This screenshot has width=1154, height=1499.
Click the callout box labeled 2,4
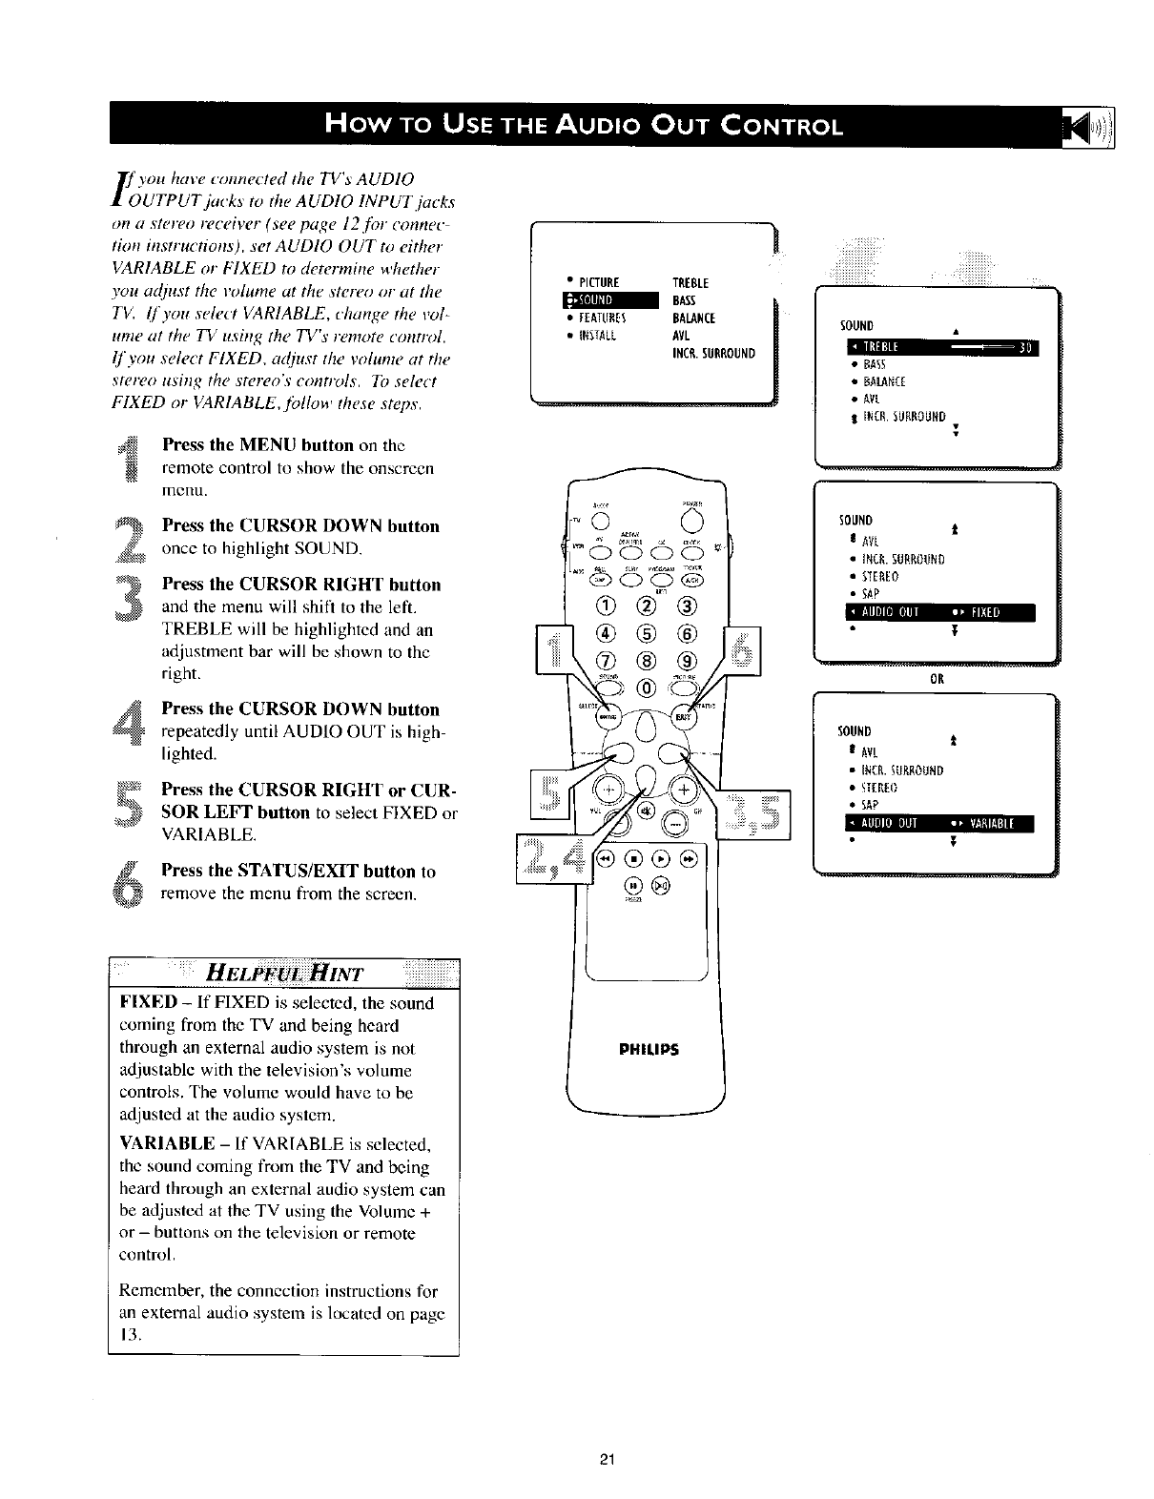coord(553,858)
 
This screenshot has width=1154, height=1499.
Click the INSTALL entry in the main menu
coord(600,335)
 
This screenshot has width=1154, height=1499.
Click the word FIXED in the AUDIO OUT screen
coord(986,612)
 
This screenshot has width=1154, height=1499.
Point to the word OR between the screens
coord(937,680)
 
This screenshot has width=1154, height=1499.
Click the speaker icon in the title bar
coord(1096,125)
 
